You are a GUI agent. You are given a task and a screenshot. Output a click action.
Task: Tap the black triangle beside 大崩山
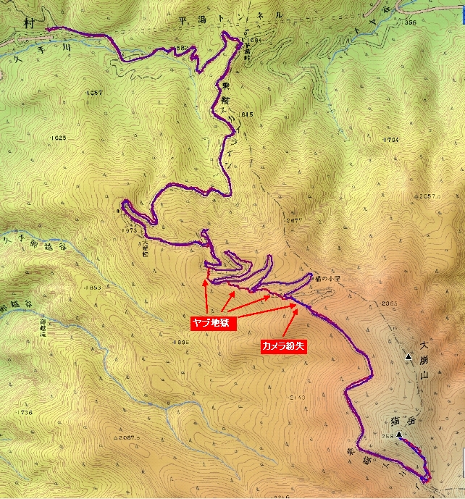coord(409,357)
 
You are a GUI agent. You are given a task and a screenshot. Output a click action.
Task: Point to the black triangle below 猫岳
coord(398,435)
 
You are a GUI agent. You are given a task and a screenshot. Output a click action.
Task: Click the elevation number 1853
coord(92,288)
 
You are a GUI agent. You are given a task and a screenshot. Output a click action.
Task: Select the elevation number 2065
coord(390,303)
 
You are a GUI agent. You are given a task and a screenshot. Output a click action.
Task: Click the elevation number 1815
coord(245,114)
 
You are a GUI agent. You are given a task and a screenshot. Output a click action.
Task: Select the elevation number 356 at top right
coord(411,22)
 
